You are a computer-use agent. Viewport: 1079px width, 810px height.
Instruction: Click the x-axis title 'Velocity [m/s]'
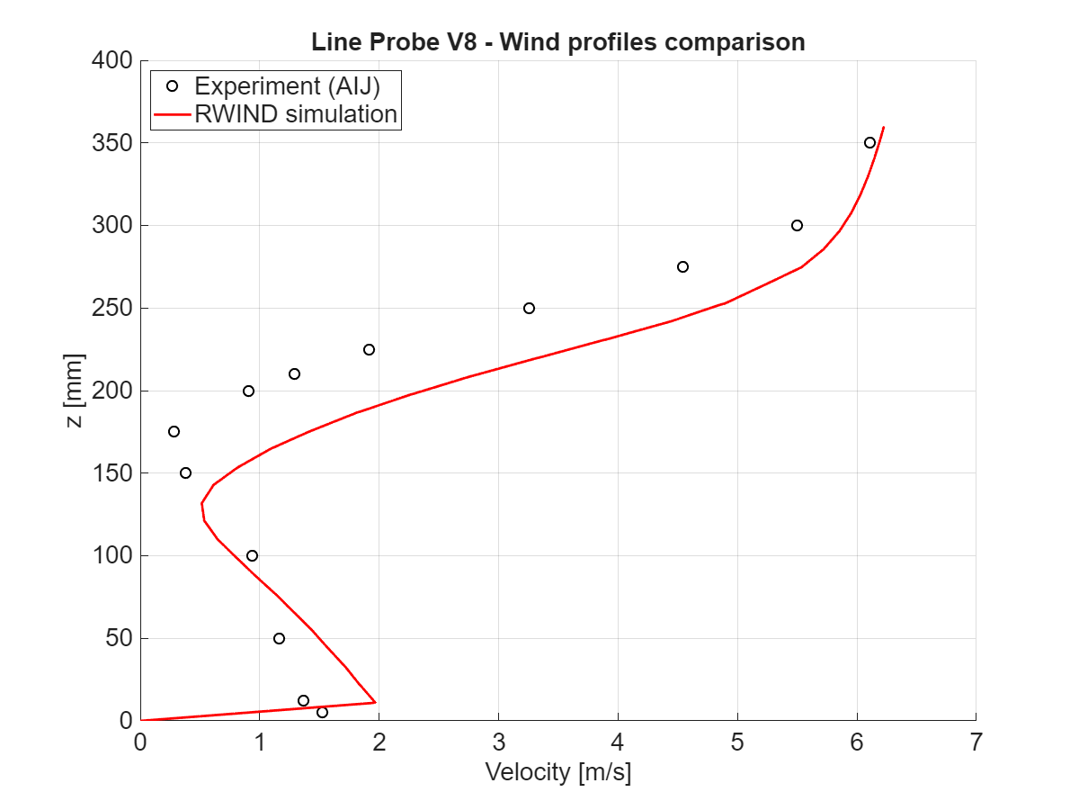click(557, 772)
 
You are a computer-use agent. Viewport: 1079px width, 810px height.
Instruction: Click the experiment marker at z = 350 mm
click(869, 142)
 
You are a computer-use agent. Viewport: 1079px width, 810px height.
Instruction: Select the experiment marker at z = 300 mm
click(797, 225)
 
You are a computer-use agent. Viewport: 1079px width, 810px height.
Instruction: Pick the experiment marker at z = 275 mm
click(682, 266)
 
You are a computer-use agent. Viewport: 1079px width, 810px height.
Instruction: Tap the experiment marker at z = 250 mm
click(529, 308)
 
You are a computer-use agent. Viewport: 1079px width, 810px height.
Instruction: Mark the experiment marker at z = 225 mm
click(369, 349)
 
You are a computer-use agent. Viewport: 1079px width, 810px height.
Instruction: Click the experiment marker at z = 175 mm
click(174, 431)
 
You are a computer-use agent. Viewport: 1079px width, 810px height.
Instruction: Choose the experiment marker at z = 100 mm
click(252, 555)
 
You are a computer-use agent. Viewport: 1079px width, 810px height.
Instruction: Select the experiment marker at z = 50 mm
click(279, 638)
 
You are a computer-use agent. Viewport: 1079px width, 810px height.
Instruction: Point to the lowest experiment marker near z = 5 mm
click(322, 712)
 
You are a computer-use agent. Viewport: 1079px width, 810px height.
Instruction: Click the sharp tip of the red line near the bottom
click(375, 702)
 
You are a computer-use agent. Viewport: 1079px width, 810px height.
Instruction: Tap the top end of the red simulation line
click(884, 127)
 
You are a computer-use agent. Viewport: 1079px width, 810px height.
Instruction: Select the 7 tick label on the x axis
click(976, 742)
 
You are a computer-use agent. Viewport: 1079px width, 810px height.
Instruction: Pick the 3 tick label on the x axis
click(498, 742)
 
